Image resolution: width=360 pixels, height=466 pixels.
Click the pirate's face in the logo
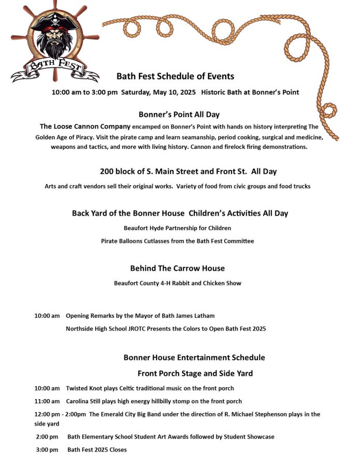(54, 37)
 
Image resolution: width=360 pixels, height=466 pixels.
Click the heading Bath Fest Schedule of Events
(175, 76)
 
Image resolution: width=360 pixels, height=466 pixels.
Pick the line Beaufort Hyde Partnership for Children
(177, 228)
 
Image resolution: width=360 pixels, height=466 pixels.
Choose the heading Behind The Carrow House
(177, 269)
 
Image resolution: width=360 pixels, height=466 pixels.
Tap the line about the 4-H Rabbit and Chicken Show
(177, 283)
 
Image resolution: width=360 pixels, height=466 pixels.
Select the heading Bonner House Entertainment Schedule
(194, 358)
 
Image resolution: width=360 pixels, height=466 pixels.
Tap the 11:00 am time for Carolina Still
(47, 401)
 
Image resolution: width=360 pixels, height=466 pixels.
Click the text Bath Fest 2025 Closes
(97, 449)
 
